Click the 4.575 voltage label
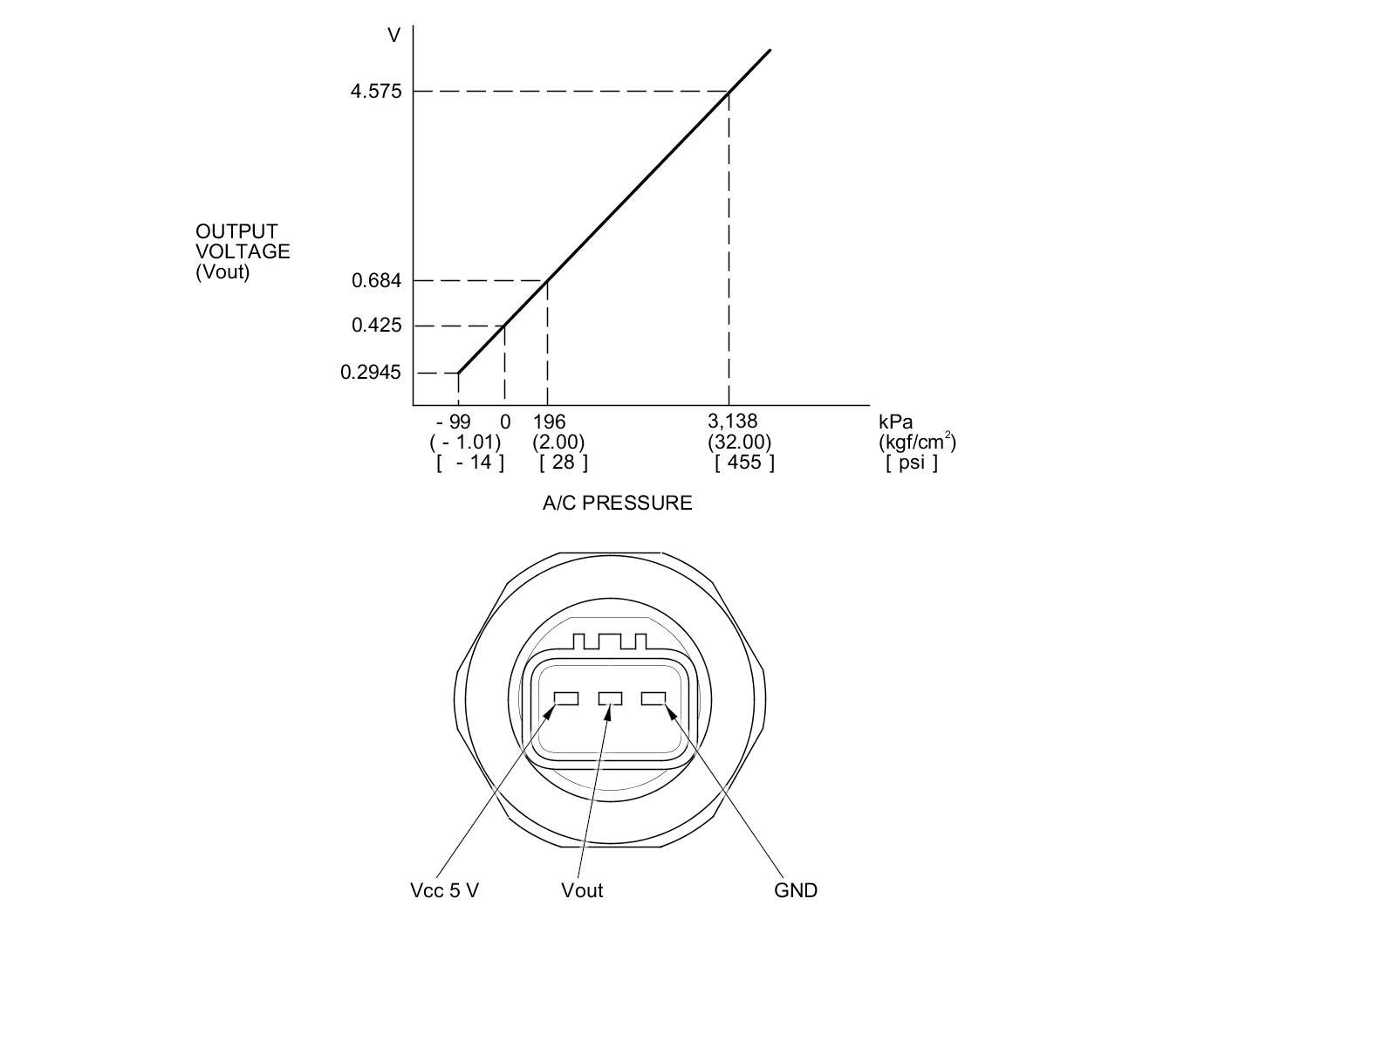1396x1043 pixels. click(376, 92)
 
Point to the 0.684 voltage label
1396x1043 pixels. click(377, 280)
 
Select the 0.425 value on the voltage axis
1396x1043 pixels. click(377, 326)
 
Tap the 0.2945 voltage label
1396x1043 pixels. click(371, 372)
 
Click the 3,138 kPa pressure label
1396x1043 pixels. click(733, 421)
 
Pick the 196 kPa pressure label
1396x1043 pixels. click(549, 422)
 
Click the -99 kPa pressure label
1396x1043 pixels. click(454, 422)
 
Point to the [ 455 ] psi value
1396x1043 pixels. click(744, 463)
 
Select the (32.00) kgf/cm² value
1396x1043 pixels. click(739, 442)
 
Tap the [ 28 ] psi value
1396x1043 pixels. click(564, 463)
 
